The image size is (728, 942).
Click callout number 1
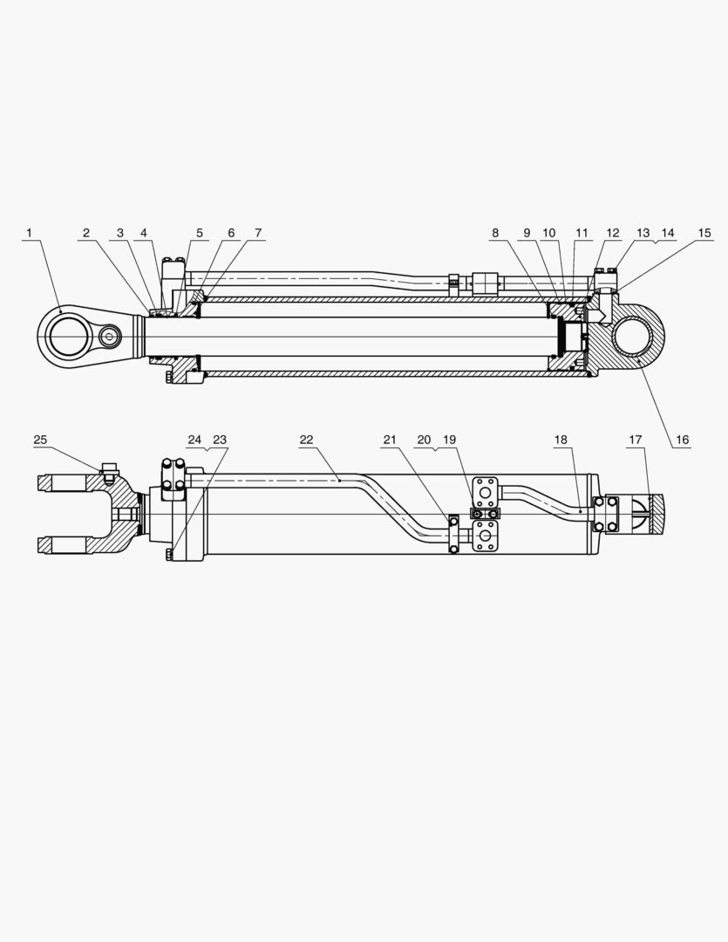[x=29, y=233]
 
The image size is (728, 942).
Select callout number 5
[x=200, y=233]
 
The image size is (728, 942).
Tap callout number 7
[x=258, y=233]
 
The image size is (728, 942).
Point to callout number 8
[x=495, y=233]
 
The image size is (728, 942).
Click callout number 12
[x=613, y=233]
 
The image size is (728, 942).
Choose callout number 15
[x=704, y=233]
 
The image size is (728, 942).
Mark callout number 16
[x=682, y=440]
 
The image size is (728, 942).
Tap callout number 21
[x=390, y=440]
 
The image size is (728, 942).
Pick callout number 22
[x=306, y=440]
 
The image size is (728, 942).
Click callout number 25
[x=41, y=440]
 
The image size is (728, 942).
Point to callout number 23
[x=220, y=440]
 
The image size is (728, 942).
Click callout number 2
[x=86, y=233]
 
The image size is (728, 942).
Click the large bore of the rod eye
[x=67, y=336]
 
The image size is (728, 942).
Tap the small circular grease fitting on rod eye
[x=109, y=336]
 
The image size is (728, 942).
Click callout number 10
[x=549, y=233]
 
